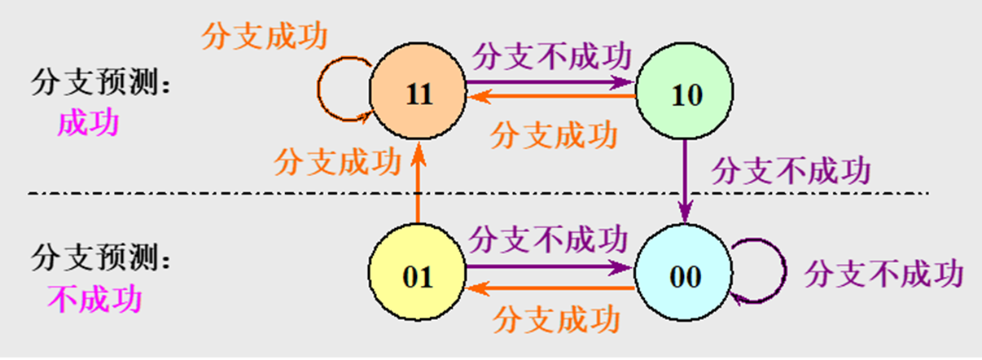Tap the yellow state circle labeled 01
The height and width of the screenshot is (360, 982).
pyautogui.click(x=417, y=276)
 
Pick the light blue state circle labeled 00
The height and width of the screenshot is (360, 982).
pyautogui.click(x=684, y=276)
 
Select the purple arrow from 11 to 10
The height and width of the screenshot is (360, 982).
pyautogui.click(x=550, y=82)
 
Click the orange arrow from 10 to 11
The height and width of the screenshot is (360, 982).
pyautogui.click(x=550, y=97)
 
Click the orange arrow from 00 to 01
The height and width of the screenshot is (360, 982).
pyautogui.click(x=550, y=288)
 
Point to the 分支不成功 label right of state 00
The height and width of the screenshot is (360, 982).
pyautogui.click(x=883, y=274)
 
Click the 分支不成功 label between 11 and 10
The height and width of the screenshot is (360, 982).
pyautogui.click(x=552, y=57)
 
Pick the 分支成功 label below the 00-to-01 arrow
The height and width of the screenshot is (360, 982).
pyautogui.click(x=556, y=315)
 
